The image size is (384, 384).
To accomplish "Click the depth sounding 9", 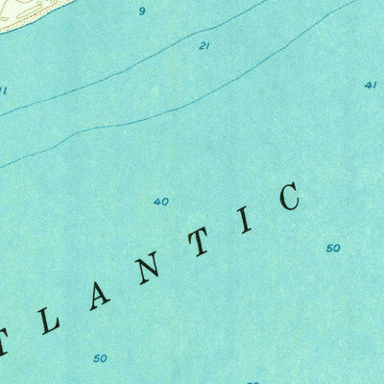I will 141,12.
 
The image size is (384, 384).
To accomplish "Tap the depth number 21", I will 204,45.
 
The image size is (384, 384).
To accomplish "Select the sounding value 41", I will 370,85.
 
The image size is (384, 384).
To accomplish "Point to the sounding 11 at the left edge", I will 3,91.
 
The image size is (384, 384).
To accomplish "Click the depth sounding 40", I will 160,202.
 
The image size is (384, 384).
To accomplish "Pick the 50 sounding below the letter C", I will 332,248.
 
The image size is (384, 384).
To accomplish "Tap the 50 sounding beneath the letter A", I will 100,358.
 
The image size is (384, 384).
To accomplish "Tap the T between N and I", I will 199,240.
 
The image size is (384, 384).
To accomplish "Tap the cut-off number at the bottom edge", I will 252,381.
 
